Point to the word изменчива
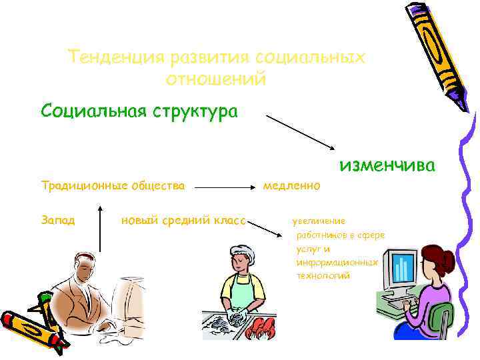tap(387, 165)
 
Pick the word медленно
tap(291, 185)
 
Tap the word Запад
tap(58, 220)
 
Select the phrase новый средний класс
tap(184, 220)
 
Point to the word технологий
tap(323, 275)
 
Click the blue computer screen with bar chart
tap(401, 267)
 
